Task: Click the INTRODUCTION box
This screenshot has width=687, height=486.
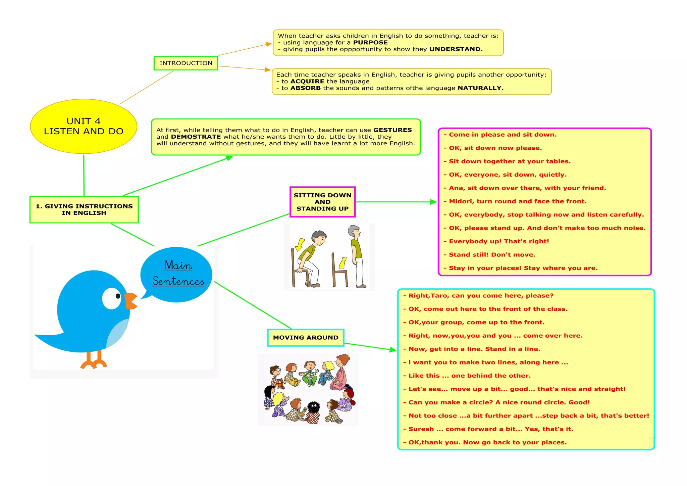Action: [x=186, y=63]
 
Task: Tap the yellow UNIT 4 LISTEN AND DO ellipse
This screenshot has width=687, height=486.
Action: [x=84, y=126]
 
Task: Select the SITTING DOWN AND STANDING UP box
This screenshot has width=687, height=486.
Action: [x=322, y=202]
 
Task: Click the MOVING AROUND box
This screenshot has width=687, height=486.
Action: [x=306, y=338]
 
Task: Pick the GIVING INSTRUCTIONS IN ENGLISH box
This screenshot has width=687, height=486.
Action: [x=84, y=210]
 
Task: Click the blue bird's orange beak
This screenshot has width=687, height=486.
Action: [x=130, y=300]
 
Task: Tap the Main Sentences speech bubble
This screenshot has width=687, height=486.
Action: [x=177, y=274]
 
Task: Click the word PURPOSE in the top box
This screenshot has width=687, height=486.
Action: [x=370, y=43]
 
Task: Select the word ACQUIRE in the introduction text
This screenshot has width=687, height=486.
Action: [x=307, y=82]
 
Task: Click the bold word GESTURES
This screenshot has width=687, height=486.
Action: [x=392, y=130]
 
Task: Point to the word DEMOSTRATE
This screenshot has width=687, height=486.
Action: [x=196, y=137]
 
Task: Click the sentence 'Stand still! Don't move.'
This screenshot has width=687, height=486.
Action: [x=492, y=255]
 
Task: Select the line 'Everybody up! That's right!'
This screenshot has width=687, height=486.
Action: [x=499, y=241]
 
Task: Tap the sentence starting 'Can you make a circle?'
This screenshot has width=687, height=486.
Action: [x=499, y=402]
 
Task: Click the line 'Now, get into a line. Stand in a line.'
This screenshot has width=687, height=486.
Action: [x=474, y=349]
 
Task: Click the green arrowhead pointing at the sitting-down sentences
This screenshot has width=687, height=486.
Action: [x=433, y=202]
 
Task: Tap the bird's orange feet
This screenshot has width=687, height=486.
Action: [x=94, y=362]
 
